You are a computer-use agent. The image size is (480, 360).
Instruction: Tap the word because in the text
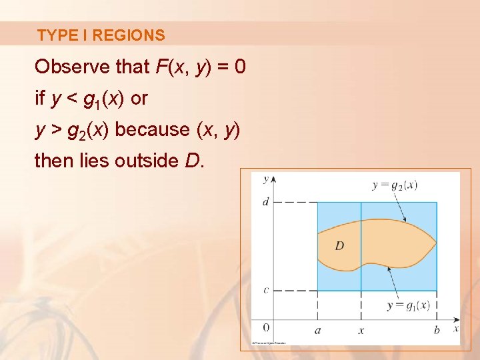153,129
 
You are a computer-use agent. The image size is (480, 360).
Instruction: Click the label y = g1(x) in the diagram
409,305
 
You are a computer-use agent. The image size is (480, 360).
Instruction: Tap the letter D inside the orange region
339,246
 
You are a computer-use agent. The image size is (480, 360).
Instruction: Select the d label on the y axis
265,201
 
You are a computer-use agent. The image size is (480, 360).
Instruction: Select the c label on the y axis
265,290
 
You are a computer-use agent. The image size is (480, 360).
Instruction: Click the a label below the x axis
317,330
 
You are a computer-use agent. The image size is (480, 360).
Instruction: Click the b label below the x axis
437,330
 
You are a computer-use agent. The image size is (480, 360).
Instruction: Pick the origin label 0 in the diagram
265,327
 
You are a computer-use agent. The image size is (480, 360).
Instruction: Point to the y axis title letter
265,179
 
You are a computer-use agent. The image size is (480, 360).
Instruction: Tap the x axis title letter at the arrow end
456,328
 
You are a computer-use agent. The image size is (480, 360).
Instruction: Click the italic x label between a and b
361,330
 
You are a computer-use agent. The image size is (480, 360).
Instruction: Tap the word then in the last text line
56,161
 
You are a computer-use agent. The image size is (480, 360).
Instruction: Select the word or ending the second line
139,99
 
